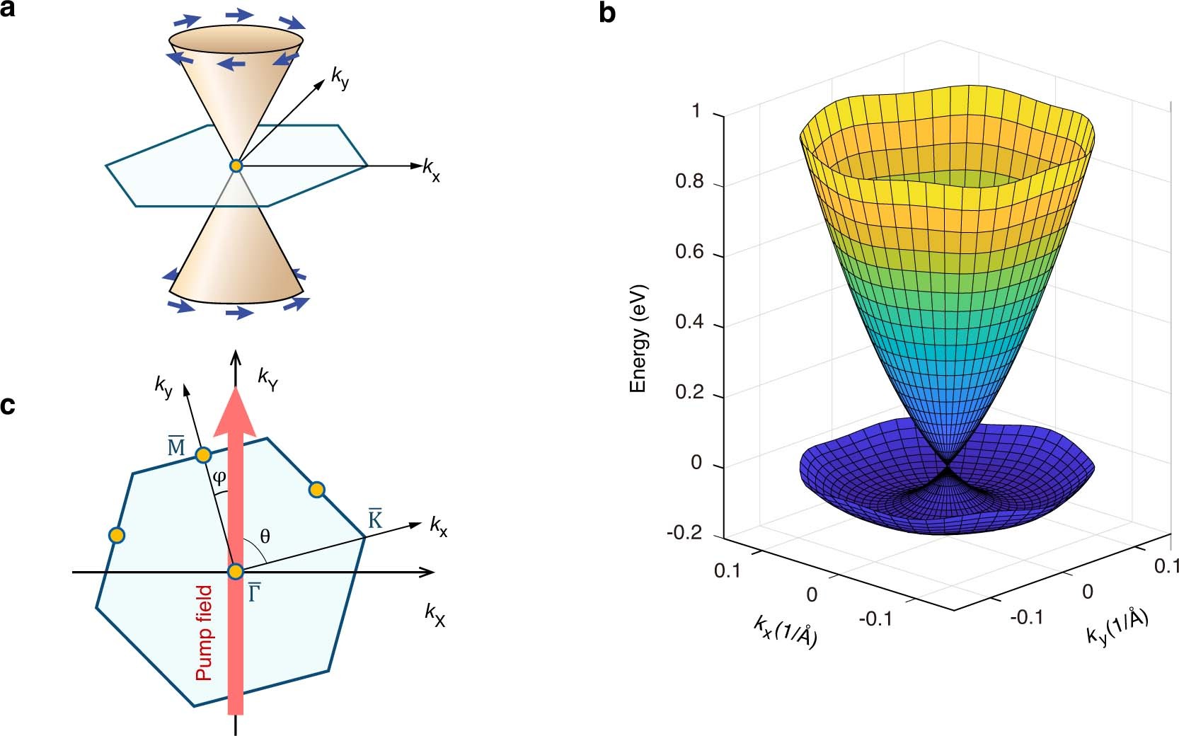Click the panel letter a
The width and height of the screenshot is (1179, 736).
point(8,10)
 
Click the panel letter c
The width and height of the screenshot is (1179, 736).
point(8,407)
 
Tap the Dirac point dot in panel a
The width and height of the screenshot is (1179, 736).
point(236,166)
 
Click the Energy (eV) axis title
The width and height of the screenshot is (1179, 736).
point(638,338)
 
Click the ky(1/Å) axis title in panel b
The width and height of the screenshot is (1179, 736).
point(1117,626)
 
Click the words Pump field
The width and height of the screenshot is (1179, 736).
point(204,632)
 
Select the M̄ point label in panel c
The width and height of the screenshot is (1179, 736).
point(176,447)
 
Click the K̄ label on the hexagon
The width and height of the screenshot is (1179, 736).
point(375,519)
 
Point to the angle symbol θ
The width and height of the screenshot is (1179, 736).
point(265,536)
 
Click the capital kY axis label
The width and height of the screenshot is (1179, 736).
point(268,381)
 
